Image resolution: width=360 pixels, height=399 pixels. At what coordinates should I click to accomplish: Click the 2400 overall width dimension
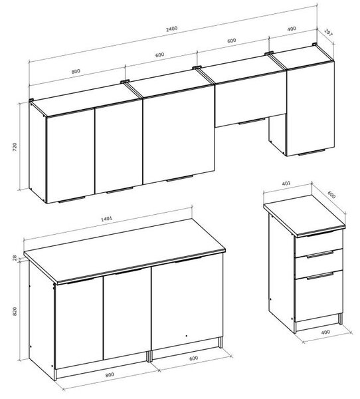click(x=171, y=29)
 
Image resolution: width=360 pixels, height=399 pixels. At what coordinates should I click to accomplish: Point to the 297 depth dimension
click(x=329, y=33)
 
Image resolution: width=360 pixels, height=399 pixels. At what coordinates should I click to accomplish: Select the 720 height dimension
click(x=15, y=147)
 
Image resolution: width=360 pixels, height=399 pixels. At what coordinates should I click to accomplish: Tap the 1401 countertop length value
click(x=106, y=219)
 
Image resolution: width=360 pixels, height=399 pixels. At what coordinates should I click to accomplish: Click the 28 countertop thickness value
click(x=15, y=258)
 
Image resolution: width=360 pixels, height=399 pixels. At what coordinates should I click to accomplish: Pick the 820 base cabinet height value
click(x=15, y=311)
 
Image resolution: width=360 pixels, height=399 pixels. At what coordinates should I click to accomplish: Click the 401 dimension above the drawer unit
click(x=286, y=184)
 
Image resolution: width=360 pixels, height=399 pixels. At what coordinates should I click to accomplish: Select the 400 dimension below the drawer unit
click(x=325, y=332)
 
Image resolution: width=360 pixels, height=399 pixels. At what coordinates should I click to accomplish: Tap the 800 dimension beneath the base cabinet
click(x=110, y=374)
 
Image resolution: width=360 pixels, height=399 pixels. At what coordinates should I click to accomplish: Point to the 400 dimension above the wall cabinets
click(x=292, y=29)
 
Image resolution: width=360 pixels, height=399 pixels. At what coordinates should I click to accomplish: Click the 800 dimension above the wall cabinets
click(x=76, y=71)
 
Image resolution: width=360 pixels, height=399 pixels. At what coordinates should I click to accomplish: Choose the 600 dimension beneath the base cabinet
click(x=193, y=358)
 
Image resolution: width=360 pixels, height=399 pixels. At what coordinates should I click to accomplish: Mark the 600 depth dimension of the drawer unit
click(x=331, y=195)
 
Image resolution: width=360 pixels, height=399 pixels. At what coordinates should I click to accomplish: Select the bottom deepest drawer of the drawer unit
click(x=319, y=296)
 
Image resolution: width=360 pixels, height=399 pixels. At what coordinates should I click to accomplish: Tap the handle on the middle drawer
click(x=319, y=255)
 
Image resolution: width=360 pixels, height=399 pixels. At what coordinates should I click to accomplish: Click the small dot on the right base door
click(x=187, y=336)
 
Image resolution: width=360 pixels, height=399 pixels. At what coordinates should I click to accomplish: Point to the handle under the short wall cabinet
click(x=252, y=122)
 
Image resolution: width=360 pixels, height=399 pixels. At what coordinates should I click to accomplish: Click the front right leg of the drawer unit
click(x=340, y=319)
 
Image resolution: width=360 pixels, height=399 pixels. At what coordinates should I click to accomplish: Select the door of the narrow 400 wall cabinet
click(x=310, y=108)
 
